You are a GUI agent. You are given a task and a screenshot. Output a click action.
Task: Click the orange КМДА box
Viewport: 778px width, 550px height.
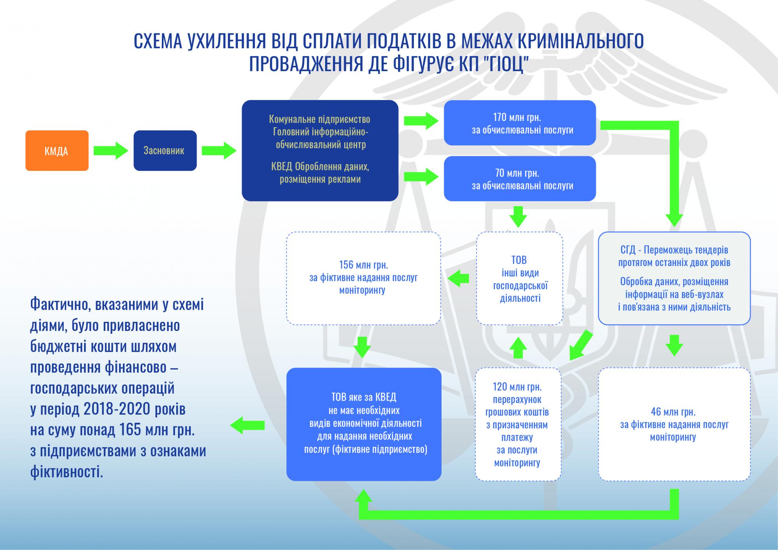click(x=57, y=151)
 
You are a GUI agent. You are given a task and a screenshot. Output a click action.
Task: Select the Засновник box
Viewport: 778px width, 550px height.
click(x=165, y=151)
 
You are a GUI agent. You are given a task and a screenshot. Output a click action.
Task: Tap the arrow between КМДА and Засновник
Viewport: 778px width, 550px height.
click(x=111, y=151)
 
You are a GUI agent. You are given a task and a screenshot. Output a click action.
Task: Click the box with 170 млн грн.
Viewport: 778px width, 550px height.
click(x=520, y=123)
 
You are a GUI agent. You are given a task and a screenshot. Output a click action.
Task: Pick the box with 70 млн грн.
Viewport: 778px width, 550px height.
click(x=520, y=179)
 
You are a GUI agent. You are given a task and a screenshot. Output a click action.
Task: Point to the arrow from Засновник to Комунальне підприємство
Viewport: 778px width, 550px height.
click(x=219, y=151)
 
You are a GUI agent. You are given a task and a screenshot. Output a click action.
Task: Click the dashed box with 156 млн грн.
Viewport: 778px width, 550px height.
click(x=363, y=278)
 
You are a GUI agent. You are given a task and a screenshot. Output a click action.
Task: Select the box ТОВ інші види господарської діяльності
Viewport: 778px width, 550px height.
click(x=520, y=279)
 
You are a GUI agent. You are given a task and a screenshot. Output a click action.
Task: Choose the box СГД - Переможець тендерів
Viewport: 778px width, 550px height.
click(x=674, y=278)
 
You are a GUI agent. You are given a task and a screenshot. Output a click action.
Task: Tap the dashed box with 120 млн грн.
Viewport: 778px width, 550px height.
click(x=518, y=424)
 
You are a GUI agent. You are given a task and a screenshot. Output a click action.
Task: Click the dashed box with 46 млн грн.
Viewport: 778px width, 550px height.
click(x=674, y=424)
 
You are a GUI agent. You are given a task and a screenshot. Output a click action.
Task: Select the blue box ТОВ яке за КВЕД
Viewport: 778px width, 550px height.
click(x=364, y=424)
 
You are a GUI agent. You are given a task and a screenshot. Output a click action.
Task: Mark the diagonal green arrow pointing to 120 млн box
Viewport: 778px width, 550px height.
click(x=581, y=345)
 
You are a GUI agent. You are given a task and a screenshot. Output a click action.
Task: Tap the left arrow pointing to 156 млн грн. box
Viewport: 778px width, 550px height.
click(x=458, y=278)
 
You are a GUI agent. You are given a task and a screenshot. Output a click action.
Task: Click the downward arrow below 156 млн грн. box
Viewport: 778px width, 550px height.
click(x=362, y=347)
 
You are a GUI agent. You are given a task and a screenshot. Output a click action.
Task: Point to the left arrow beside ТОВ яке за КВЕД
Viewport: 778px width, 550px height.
click(x=247, y=425)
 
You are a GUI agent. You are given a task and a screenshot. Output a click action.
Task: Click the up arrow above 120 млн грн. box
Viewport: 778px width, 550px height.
click(x=518, y=347)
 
